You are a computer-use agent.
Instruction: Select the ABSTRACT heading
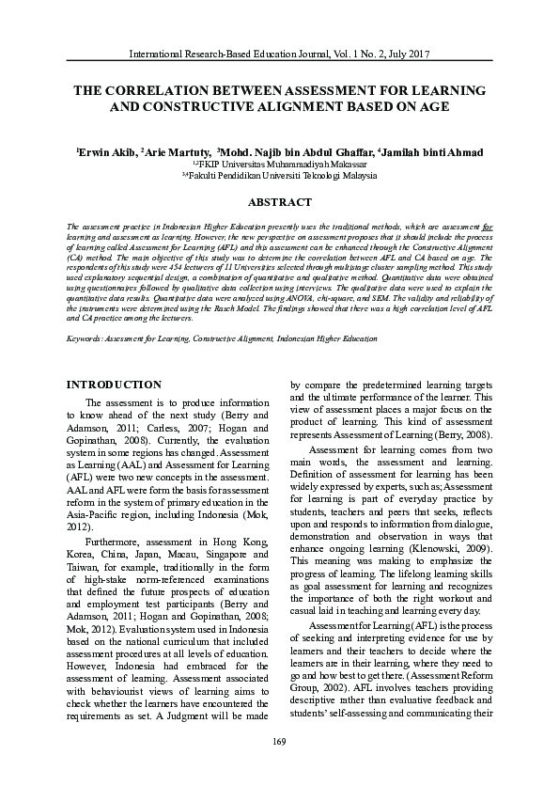279,202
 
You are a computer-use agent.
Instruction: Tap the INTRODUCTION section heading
116,385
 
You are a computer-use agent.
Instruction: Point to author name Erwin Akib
106,151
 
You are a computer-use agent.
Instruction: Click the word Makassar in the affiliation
345,164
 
